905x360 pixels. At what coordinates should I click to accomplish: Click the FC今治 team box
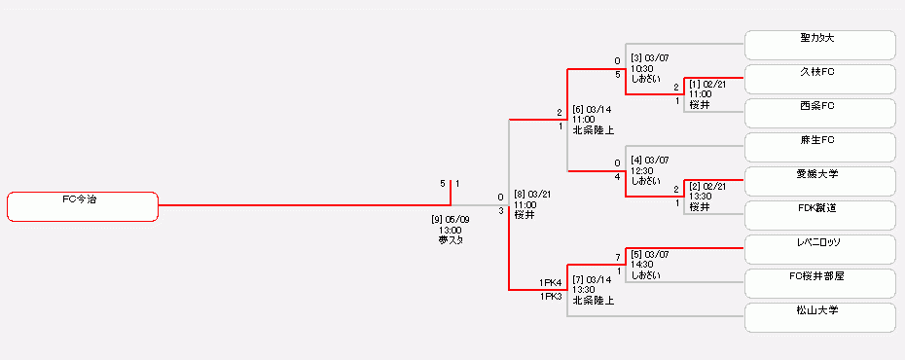coord(83,206)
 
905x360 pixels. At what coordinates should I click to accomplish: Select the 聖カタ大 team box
coord(819,45)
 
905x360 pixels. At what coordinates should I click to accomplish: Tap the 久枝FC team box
coord(819,79)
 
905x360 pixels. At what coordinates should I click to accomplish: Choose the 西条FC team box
coord(819,112)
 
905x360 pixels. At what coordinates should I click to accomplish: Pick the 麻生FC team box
coord(819,147)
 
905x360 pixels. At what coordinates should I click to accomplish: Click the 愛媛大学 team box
coord(819,181)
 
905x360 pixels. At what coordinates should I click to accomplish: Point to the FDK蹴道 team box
coord(819,214)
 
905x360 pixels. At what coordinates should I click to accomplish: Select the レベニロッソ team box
coord(819,248)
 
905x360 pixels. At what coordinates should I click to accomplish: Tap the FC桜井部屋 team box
coord(819,282)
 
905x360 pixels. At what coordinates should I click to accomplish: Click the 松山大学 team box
coord(819,317)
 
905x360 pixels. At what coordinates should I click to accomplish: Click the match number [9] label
coord(437,219)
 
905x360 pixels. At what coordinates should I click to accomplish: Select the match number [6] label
coord(579,109)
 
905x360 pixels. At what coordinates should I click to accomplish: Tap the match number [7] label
coord(579,279)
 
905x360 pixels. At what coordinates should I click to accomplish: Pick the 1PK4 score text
coord(552,282)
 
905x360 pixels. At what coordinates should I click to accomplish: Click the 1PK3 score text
coord(552,297)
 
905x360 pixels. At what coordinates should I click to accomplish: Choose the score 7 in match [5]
coord(617,258)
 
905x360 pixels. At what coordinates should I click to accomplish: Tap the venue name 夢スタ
coord(450,240)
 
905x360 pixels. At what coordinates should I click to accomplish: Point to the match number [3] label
coord(637,58)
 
